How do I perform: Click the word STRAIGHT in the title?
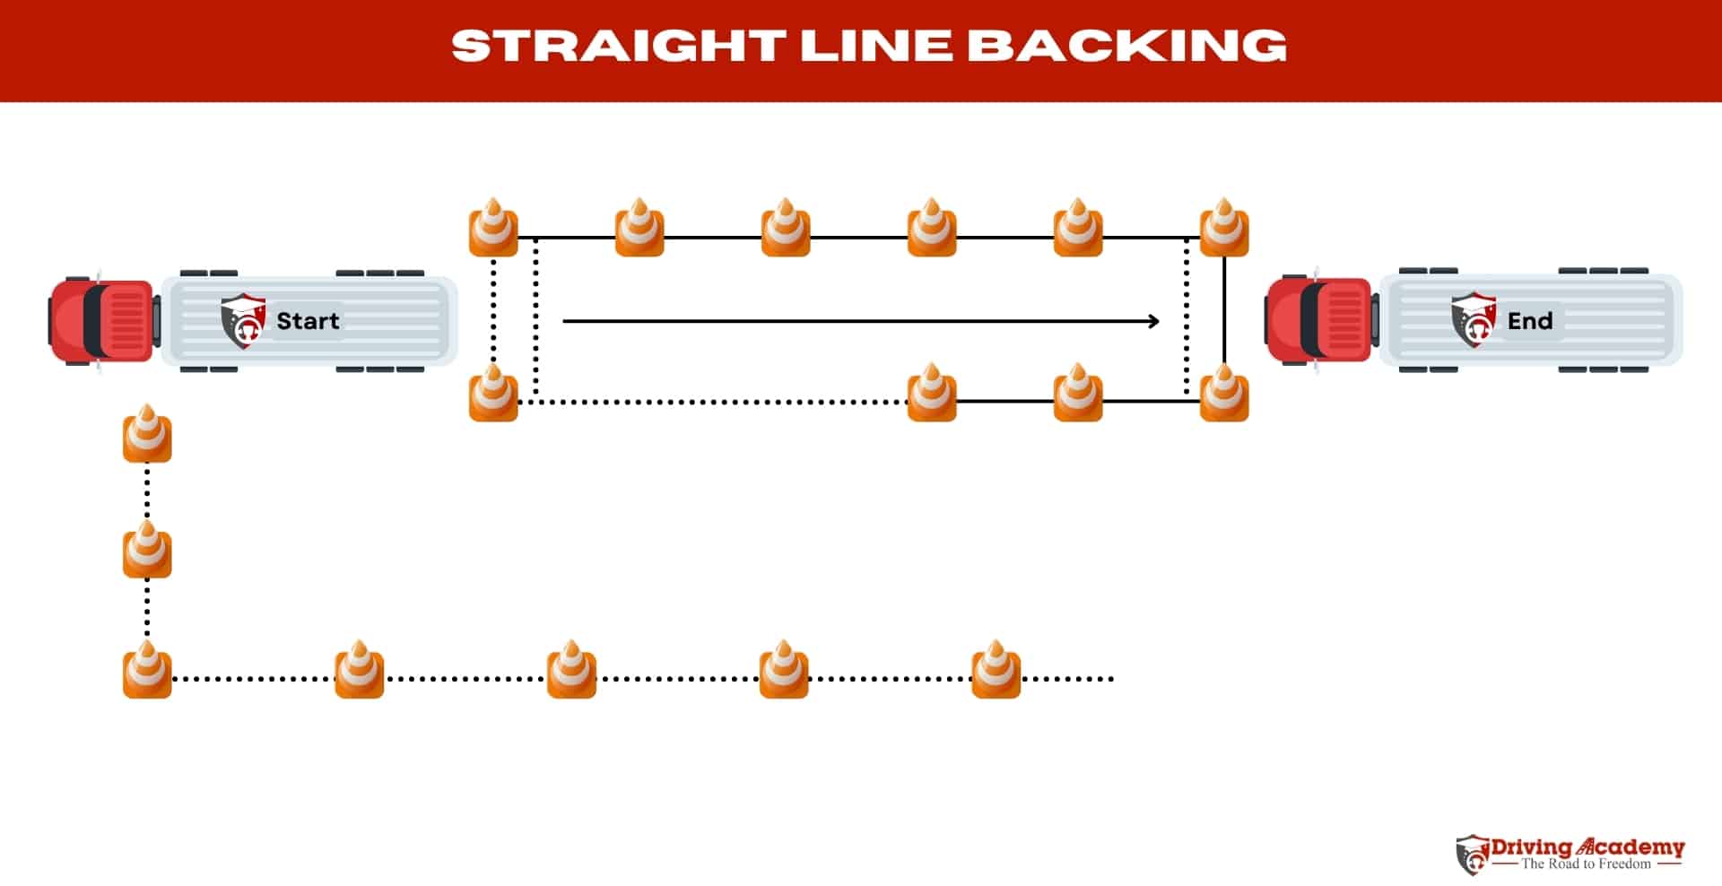point(618,46)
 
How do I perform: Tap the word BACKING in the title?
point(1127,46)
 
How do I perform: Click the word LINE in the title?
point(875,46)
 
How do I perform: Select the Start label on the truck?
point(308,321)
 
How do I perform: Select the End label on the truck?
point(1529,321)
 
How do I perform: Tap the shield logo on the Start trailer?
point(242,320)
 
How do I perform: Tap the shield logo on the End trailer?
point(1473,320)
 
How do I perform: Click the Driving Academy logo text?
point(1587,847)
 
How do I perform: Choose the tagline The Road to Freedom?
point(1586,864)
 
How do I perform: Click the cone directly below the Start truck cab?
point(147,435)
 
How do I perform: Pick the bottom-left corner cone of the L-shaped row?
point(147,671)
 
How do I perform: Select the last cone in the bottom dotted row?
point(996,671)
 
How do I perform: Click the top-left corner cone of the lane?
point(493,229)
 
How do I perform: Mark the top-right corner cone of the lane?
point(1224,229)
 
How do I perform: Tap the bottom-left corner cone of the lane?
point(493,394)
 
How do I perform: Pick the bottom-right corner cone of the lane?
point(1224,394)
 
